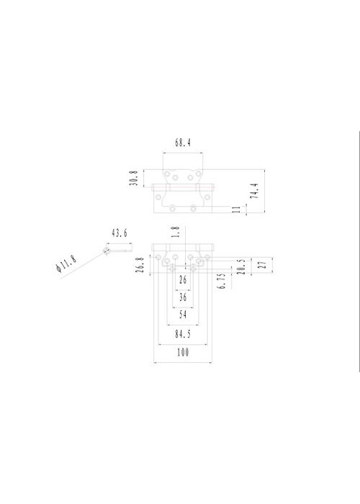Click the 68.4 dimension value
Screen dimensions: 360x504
click(x=183, y=143)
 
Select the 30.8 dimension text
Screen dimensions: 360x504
click(x=134, y=179)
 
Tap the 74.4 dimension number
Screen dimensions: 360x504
click(x=254, y=191)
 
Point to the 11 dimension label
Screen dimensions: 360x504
click(x=236, y=210)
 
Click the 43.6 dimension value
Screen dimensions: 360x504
click(x=120, y=233)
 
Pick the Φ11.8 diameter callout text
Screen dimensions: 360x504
click(x=66, y=264)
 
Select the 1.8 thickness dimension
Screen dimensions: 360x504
click(x=175, y=232)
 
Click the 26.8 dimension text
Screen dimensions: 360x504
click(x=140, y=265)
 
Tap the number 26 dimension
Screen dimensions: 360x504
click(x=183, y=280)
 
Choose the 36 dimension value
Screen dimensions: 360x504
click(x=183, y=297)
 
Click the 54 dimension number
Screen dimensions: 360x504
click(x=183, y=315)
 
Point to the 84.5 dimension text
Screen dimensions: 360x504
click(x=183, y=334)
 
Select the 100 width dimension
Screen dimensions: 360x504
click(x=183, y=353)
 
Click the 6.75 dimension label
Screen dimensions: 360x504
click(x=222, y=282)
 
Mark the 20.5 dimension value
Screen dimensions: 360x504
click(x=242, y=267)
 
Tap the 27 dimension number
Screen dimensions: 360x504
click(x=263, y=265)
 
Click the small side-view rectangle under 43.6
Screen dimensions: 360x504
click(x=120, y=248)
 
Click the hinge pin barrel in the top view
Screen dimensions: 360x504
click(x=183, y=188)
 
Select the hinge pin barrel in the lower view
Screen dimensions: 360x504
click(x=183, y=248)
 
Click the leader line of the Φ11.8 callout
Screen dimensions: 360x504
click(x=83, y=265)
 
